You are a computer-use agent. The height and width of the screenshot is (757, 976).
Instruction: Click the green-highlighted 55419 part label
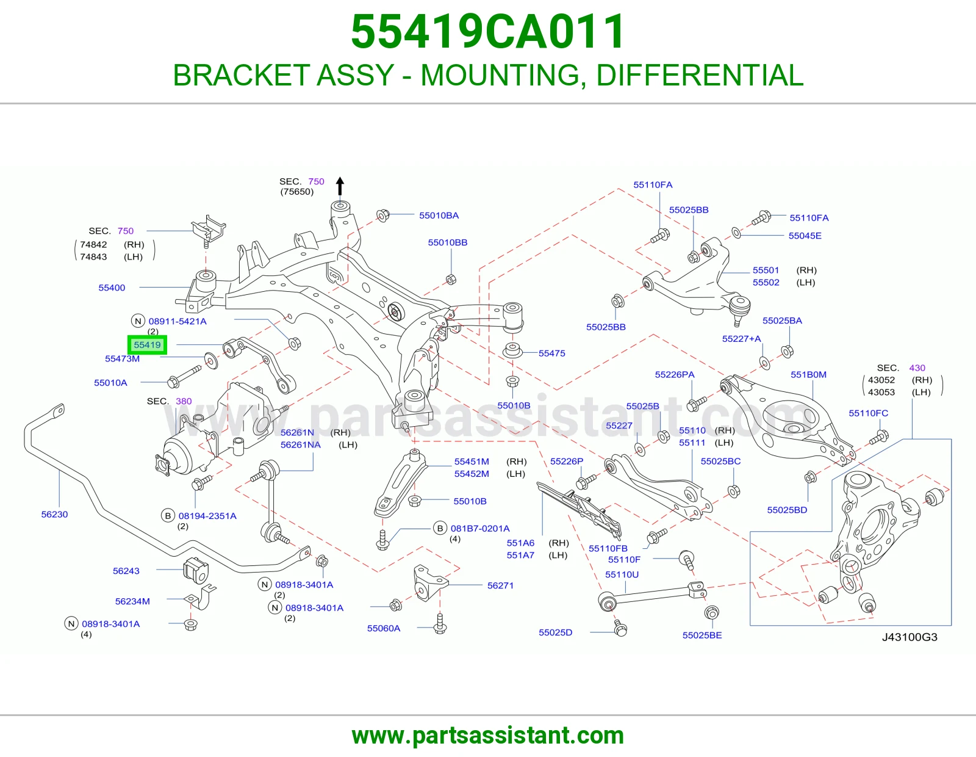click(148, 345)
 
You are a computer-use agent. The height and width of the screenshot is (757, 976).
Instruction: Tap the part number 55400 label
click(112, 288)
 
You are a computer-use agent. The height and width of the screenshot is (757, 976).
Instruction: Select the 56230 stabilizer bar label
click(54, 514)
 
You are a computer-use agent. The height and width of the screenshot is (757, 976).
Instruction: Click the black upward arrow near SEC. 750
click(340, 186)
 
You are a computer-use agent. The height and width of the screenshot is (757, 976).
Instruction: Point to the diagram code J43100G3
click(910, 637)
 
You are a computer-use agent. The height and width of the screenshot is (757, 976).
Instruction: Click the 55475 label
click(551, 353)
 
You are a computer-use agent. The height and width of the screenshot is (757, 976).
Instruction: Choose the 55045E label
click(805, 236)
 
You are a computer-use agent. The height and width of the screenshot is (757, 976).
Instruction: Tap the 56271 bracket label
click(500, 585)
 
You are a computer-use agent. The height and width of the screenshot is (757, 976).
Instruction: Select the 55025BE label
click(702, 635)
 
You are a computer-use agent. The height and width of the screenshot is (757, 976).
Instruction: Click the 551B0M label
click(808, 374)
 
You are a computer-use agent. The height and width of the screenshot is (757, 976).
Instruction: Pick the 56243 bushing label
click(126, 571)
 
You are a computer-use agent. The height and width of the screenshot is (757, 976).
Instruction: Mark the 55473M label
click(122, 359)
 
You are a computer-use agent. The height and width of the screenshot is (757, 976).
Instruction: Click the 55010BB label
click(447, 242)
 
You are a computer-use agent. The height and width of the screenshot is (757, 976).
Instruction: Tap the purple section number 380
click(184, 401)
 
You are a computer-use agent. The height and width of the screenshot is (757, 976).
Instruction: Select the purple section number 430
click(917, 368)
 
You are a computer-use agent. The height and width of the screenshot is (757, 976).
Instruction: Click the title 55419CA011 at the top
click(488, 32)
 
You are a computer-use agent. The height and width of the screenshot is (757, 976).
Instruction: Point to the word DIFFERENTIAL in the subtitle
click(700, 75)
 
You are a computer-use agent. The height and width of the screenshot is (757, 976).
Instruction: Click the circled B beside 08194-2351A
click(168, 516)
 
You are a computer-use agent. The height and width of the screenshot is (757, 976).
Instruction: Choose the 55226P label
click(566, 461)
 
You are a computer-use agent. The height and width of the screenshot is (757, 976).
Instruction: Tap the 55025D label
click(556, 632)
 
